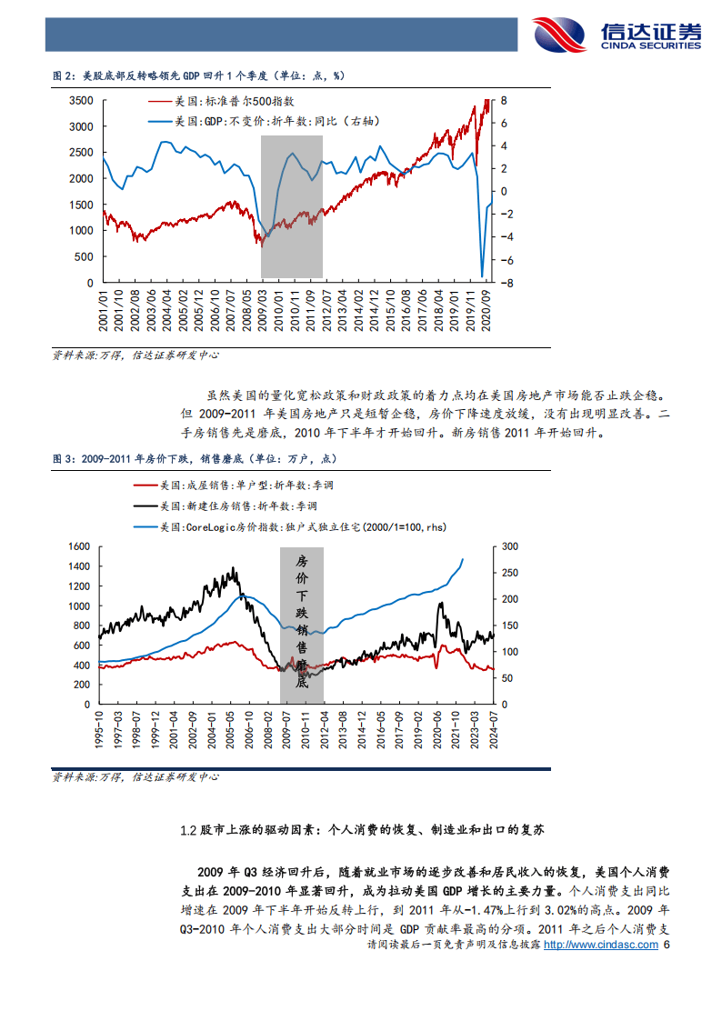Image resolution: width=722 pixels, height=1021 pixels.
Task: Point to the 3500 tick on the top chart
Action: click(x=82, y=100)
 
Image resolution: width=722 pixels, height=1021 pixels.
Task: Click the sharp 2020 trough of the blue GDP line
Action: click(x=482, y=275)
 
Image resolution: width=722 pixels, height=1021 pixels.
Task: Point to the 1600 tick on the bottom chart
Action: click(x=80, y=546)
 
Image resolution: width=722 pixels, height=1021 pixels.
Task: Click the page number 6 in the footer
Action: click(x=668, y=945)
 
